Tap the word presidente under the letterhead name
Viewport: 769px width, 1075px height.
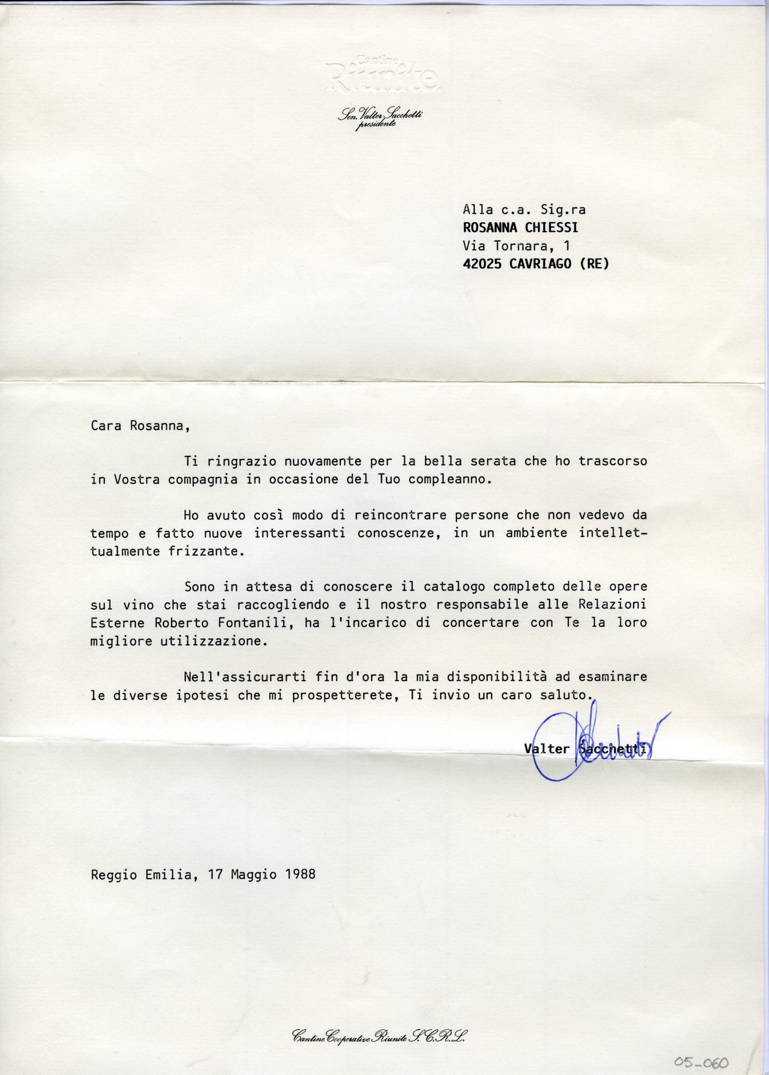(376, 125)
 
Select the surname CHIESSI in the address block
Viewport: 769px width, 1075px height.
(551, 227)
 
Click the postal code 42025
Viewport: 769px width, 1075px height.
(482, 264)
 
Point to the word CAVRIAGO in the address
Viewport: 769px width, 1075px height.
(540, 264)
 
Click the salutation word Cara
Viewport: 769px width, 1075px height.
(106, 426)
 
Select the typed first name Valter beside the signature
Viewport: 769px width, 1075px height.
(547, 749)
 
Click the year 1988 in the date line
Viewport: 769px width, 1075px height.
(300, 875)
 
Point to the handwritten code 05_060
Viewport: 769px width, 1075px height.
(701, 1063)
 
